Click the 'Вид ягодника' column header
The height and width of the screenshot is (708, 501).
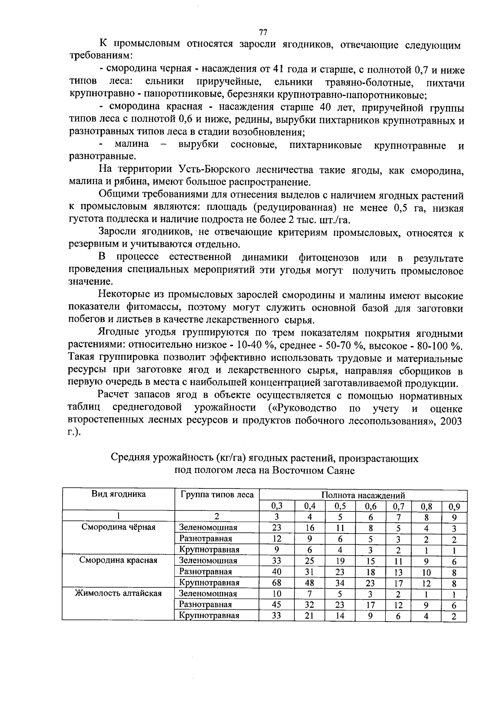(119, 494)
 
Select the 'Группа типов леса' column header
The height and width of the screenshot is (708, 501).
(217, 495)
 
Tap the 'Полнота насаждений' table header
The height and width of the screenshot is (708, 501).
(363, 496)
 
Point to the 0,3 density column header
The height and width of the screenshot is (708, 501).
(277, 506)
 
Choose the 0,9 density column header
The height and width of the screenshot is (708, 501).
(454, 507)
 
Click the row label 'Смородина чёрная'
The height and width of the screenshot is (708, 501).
(119, 527)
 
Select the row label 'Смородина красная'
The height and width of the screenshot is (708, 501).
(119, 560)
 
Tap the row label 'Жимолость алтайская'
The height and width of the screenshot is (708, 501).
(118, 593)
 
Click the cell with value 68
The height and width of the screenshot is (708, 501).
(277, 582)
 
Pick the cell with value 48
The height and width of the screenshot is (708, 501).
(309, 582)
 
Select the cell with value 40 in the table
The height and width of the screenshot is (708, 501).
(277, 571)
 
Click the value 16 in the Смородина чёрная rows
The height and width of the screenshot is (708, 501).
(309, 528)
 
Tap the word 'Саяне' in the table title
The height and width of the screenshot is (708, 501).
(342, 471)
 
